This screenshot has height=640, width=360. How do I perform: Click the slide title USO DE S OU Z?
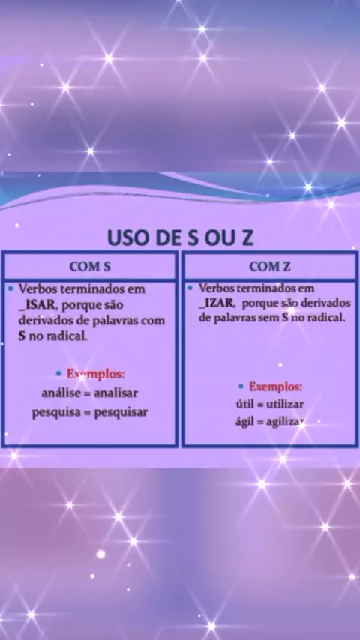pyautogui.click(x=180, y=238)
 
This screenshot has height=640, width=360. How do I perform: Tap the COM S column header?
pyautogui.click(x=90, y=267)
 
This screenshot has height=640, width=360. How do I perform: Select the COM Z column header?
pyautogui.click(x=270, y=267)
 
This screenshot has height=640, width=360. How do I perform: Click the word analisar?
pyautogui.click(x=115, y=393)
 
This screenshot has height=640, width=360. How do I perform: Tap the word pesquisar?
pyautogui.click(x=121, y=412)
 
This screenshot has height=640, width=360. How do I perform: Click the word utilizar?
pyautogui.click(x=285, y=405)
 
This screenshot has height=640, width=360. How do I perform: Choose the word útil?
pyautogui.click(x=244, y=405)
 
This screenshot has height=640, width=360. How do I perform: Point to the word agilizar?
pyautogui.click(x=285, y=423)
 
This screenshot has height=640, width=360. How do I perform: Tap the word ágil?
pyautogui.click(x=244, y=423)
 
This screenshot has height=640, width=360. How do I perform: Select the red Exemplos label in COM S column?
pyautogui.click(x=96, y=373)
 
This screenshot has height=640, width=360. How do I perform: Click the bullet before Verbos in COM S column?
pyautogui.click(x=10, y=289)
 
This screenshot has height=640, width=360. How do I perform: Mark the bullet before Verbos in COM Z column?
pyautogui.click(x=190, y=288)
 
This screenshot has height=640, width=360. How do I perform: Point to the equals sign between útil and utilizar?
pyautogui.click(x=260, y=405)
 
